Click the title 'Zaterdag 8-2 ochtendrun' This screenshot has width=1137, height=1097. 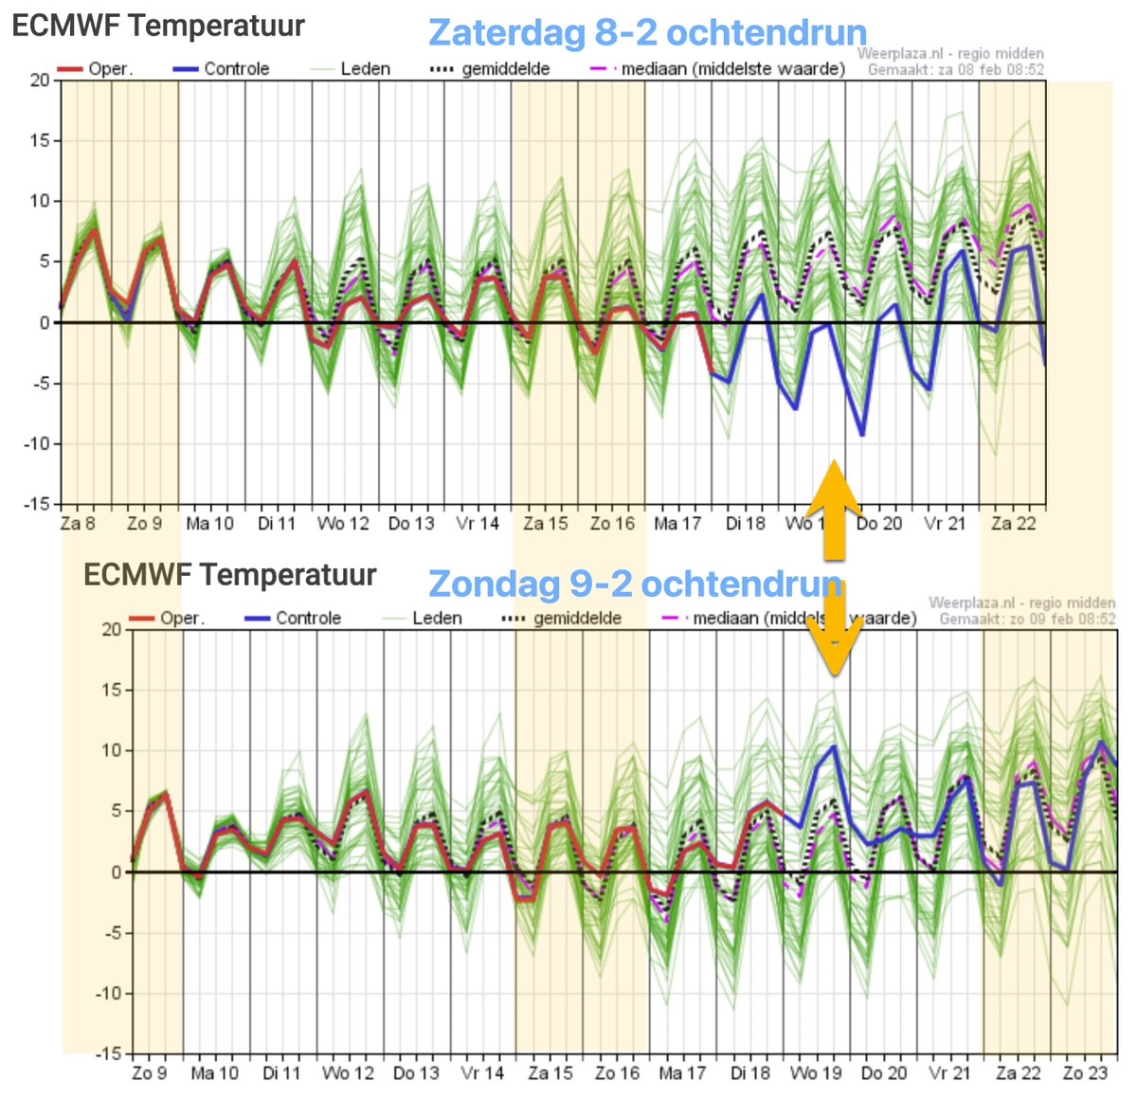click(647, 32)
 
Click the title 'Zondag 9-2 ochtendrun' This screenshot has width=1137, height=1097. click(635, 584)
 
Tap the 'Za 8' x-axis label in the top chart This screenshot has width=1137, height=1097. click(78, 524)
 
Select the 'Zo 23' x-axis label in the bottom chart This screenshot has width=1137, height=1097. click(1085, 1073)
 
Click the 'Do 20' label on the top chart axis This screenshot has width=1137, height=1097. click(879, 524)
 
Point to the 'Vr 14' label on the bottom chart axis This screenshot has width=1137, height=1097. click(482, 1073)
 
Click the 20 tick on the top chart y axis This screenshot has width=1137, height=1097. click(39, 81)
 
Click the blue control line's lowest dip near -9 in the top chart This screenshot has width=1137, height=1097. click(862, 435)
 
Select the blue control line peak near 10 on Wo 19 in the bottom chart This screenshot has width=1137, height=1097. click(833, 746)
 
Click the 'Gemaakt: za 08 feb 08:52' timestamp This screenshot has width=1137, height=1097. click(956, 70)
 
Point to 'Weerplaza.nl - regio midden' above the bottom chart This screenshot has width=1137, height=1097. click(1021, 602)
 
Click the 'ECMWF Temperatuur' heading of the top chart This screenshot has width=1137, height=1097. click(158, 27)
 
